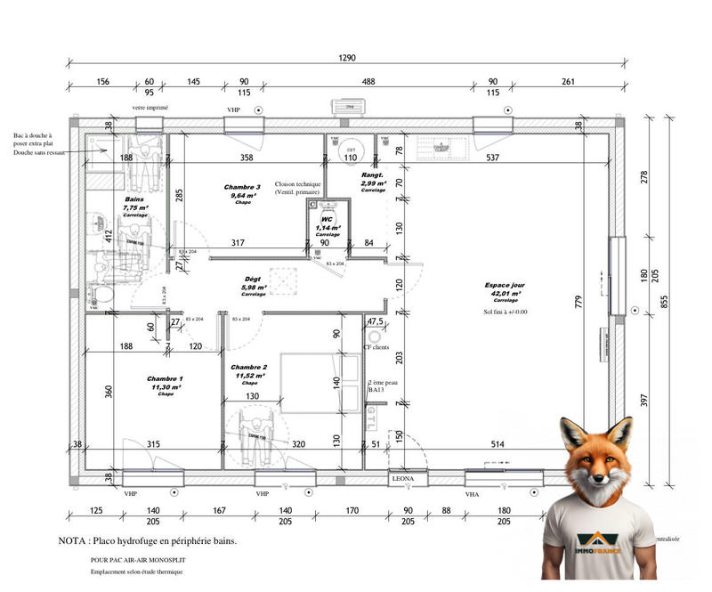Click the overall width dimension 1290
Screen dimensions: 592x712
[x=347, y=58]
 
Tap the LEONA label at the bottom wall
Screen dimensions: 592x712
[x=404, y=479]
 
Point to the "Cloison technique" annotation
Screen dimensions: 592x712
[x=298, y=183]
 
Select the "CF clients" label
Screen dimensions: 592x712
[x=376, y=347]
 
